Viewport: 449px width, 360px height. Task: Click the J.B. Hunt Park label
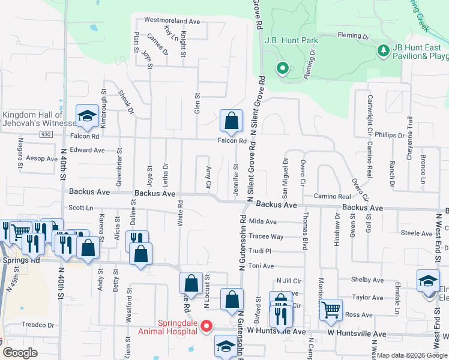(293, 40)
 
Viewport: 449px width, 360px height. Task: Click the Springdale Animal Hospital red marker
(206, 326)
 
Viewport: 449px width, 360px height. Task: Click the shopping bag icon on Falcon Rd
(231, 121)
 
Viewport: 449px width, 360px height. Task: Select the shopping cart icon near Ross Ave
(330, 310)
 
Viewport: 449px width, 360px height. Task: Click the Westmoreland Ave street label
(172, 21)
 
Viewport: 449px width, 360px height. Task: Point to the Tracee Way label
(266, 236)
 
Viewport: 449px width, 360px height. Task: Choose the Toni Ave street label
(261, 265)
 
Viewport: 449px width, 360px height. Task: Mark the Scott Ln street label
(81, 208)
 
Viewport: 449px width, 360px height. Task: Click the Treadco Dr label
(38, 325)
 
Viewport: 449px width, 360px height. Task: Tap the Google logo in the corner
(20, 353)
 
